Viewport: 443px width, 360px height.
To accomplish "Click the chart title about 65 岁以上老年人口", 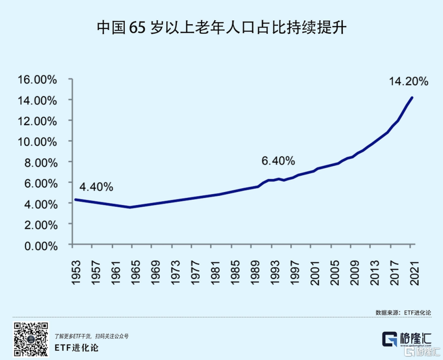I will [221, 28].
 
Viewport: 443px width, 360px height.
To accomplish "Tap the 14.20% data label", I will [408, 81].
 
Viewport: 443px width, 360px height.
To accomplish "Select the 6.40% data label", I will [278, 161].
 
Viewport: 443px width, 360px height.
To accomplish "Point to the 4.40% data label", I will [96, 187].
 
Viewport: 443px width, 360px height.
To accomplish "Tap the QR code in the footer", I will [31, 339].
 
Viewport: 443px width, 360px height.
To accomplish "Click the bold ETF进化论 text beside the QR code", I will [76, 347].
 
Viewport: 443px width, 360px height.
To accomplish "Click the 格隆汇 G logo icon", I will [389, 339].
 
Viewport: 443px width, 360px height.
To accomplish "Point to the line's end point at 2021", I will [412, 98].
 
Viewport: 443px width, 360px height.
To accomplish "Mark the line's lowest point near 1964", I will [130, 207].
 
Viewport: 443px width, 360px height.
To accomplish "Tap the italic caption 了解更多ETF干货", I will [91, 336].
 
